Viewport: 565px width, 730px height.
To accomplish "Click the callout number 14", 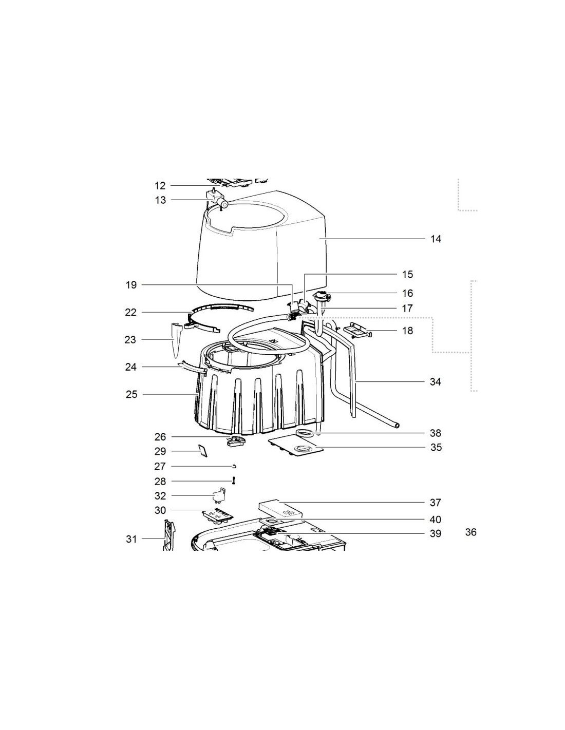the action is pos(436,239).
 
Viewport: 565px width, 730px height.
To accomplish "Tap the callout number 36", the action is pos(470,532).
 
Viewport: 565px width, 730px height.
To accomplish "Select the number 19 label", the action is pos(131,285).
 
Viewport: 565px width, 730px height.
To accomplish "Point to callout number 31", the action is pos(131,539).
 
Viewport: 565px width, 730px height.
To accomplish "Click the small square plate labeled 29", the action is pos(203,450).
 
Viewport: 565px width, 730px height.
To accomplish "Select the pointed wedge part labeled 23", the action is pos(176,340).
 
